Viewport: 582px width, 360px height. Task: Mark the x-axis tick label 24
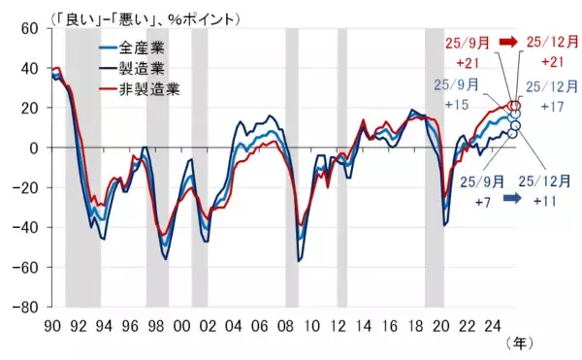coord(494,324)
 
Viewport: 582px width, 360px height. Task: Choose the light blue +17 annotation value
coord(550,105)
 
